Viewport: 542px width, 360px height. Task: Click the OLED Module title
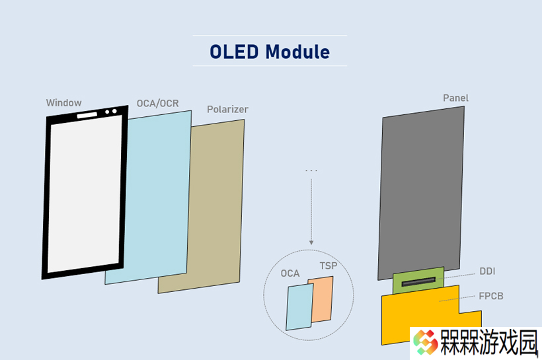(x=270, y=52)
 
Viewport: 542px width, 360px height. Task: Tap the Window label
(x=64, y=102)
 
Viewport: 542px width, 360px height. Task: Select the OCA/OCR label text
(x=157, y=103)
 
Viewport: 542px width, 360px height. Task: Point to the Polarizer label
(x=227, y=109)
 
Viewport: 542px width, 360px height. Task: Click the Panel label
(x=455, y=98)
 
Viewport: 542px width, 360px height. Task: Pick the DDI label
(x=487, y=271)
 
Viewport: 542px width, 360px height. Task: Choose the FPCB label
(x=491, y=296)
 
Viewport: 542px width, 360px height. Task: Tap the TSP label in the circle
(x=329, y=266)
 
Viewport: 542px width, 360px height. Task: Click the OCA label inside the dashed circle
(x=290, y=273)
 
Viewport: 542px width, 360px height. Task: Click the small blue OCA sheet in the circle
(x=299, y=306)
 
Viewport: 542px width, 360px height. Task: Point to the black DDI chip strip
(x=418, y=282)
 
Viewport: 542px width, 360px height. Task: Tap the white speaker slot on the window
(x=87, y=115)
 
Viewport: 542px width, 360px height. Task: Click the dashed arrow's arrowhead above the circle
(x=311, y=242)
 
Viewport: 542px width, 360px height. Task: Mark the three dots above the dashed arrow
(x=311, y=170)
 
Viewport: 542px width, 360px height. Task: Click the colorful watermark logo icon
(x=426, y=342)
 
